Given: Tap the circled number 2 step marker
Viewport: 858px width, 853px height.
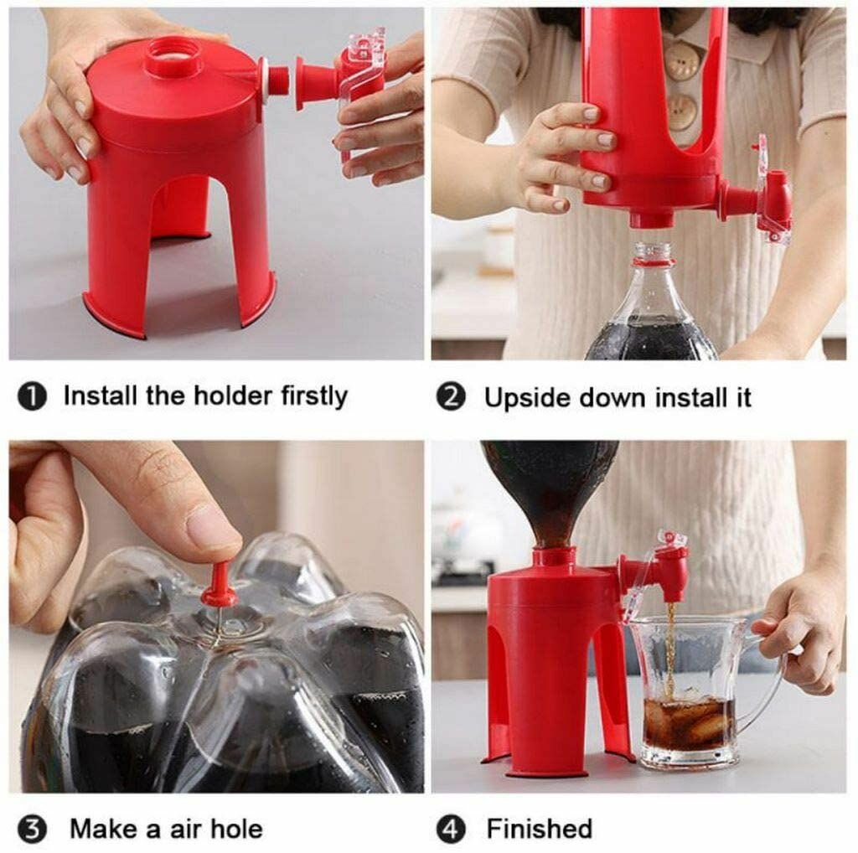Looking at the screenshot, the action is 451,397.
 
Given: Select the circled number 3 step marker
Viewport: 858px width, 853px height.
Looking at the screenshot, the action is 32,830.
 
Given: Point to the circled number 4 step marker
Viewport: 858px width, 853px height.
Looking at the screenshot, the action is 451,830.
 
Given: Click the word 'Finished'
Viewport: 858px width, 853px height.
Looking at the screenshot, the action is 540,829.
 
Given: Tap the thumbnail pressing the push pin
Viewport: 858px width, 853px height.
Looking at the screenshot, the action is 210,526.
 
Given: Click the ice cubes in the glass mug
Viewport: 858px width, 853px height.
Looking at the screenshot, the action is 689,721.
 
